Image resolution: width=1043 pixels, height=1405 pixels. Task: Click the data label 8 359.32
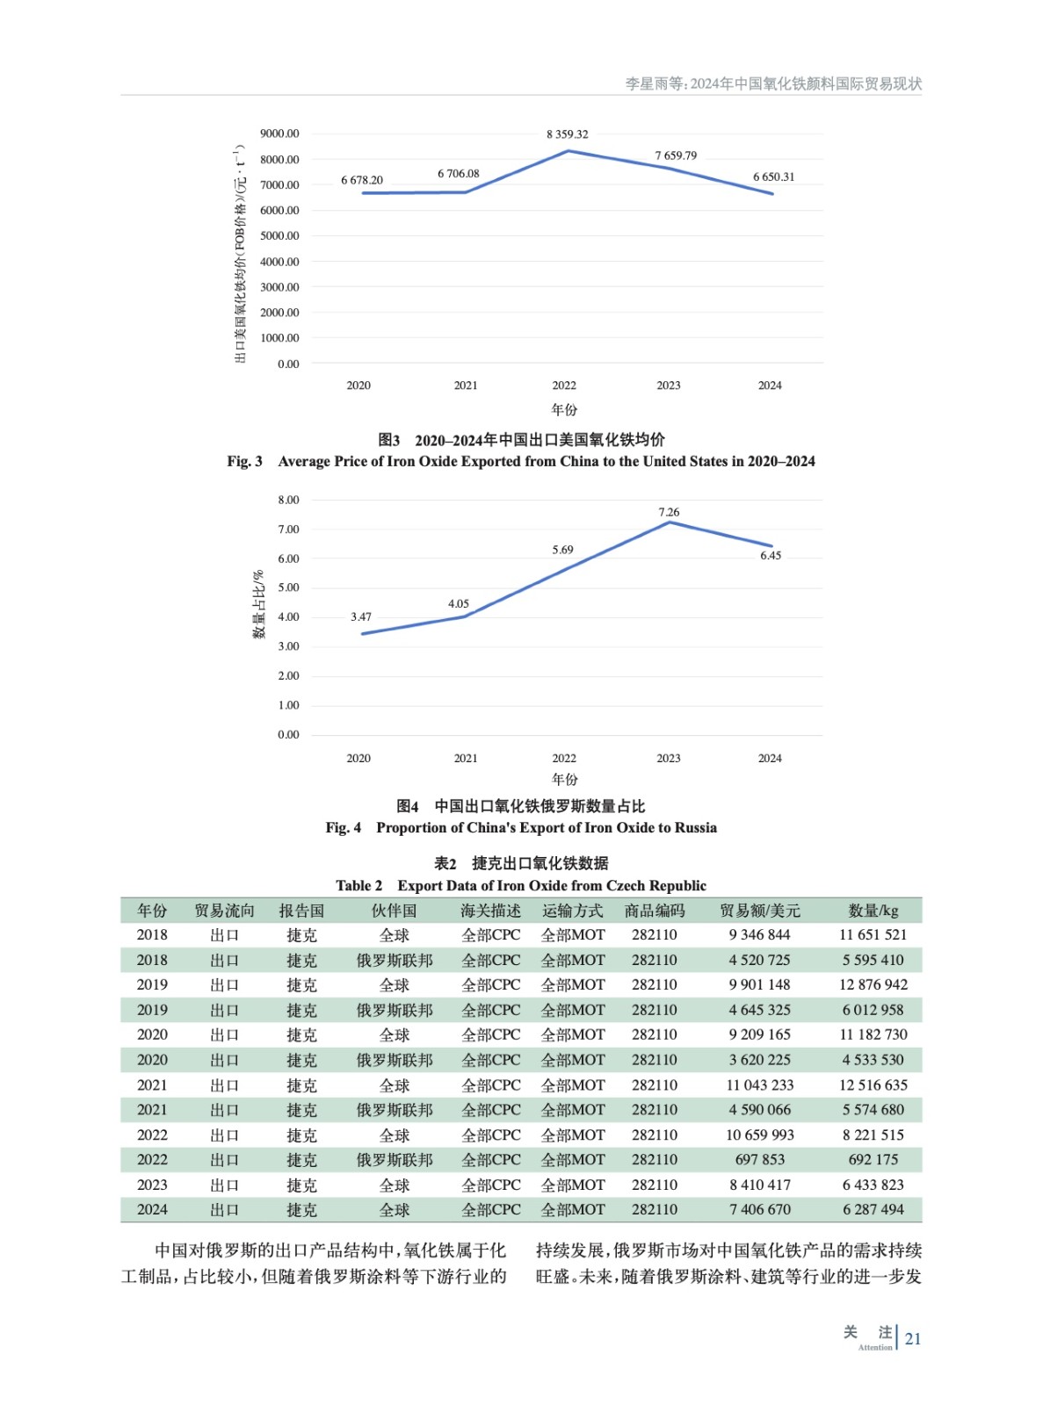[x=567, y=134]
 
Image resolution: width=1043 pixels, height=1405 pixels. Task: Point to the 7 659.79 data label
[x=675, y=155]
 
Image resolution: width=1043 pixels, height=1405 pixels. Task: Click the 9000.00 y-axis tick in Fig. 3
[x=279, y=133]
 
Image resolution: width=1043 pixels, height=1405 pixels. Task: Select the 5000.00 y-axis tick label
[x=279, y=235]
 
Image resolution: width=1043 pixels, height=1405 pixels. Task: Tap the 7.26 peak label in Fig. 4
[x=669, y=512]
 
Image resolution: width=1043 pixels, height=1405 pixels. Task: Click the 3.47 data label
[x=360, y=616]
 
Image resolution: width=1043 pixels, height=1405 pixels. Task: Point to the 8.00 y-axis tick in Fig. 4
[x=288, y=500]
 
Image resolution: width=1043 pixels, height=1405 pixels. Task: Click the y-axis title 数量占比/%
[x=259, y=604]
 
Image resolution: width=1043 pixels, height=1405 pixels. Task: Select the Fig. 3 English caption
[x=521, y=461]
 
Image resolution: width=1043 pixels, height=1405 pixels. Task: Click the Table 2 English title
[x=521, y=885]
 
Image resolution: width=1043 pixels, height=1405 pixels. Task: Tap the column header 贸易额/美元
[x=759, y=911]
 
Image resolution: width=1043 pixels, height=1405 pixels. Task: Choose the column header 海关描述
[x=490, y=911]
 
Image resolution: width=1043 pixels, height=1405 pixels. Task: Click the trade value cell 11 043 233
[x=759, y=1084]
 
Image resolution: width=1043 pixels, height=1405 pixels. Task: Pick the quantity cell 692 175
[x=873, y=1159]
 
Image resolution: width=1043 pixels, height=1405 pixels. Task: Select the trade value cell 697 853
[x=759, y=1159]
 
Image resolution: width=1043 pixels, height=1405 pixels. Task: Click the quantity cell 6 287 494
[x=873, y=1209]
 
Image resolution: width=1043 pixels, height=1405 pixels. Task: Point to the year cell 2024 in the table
[x=152, y=1209]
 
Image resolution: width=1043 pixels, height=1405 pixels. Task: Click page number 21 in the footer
[x=913, y=1338]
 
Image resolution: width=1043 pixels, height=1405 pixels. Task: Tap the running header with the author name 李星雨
[x=773, y=83]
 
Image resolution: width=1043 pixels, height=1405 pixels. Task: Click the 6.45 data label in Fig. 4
[x=770, y=555]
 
